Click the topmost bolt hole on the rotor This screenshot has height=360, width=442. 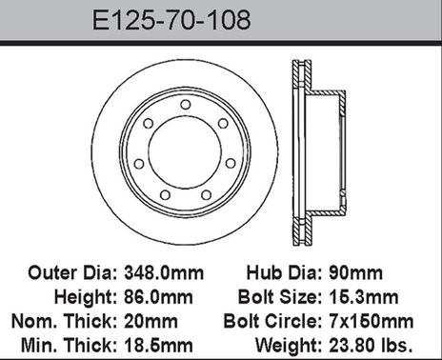pyautogui.click(x=185, y=105)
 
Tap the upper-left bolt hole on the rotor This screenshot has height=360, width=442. pyautogui.click(x=148, y=123)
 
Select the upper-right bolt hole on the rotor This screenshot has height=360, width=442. pyautogui.click(x=223, y=123)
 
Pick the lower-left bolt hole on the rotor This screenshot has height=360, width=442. pyautogui.click(x=165, y=194)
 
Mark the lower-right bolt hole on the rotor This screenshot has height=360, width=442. pyautogui.click(x=206, y=194)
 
